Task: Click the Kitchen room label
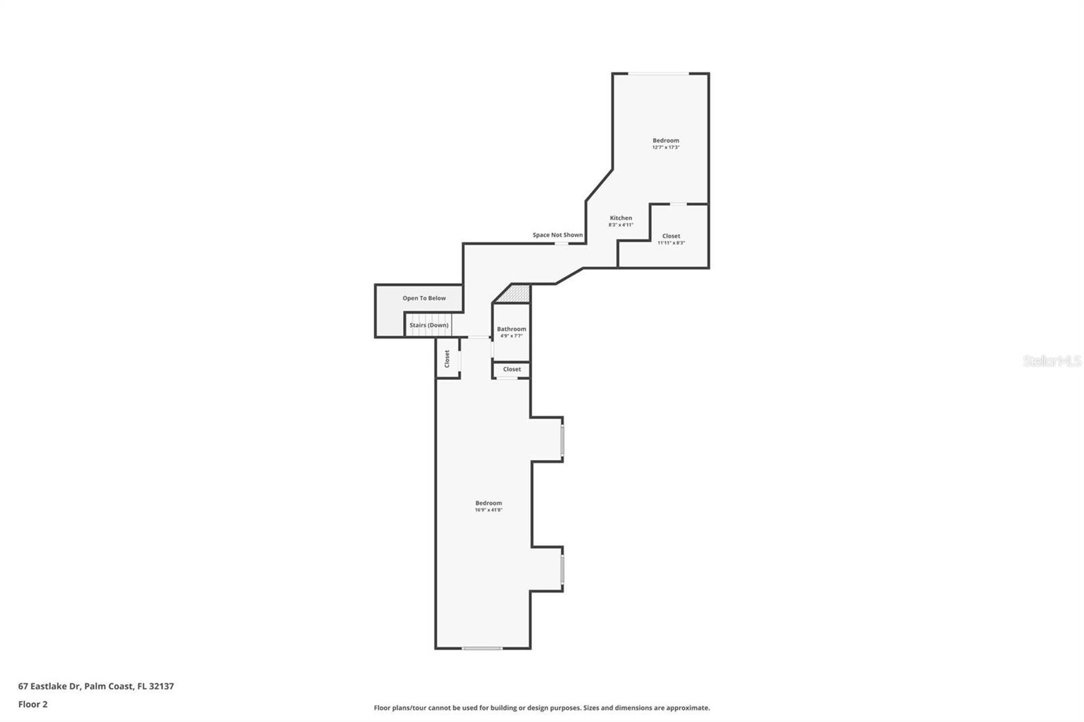pos(621,218)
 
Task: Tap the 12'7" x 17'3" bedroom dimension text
pos(666,147)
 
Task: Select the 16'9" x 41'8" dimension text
pos(488,509)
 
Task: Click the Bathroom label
pos(512,329)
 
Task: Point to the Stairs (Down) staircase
pos(429,324)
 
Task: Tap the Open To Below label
pos(424,298)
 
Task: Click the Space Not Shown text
pos(558,235)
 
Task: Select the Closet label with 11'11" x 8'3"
pos(671,236)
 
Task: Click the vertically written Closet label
pos(447,358)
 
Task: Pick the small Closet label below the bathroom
pos(512,369)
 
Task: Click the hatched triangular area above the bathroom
pos(516,295)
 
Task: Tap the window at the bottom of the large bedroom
pos(482,648)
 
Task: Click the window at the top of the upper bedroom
pos(659,74)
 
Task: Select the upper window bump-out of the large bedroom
pos(547,440)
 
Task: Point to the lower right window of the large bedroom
pos(562,569)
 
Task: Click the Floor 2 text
pos(33,704)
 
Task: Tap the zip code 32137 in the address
pos(162,685)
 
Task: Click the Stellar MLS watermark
pos(1053,360)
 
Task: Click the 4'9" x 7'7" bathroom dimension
pos(512,336)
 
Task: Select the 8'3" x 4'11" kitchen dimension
pos(621,225)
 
